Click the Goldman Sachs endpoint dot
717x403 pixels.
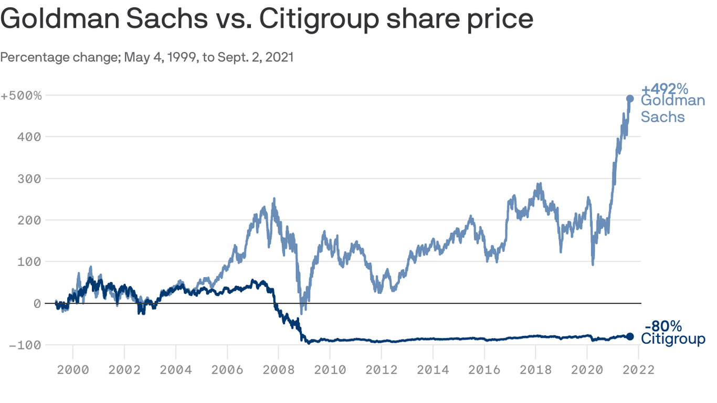[630, 99]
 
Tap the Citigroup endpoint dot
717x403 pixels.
[630, 336]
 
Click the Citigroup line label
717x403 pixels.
[673, 340]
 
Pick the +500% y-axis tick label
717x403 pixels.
[21, 96]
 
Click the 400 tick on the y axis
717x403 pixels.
[31, 137]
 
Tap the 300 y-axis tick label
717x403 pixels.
[31, 179]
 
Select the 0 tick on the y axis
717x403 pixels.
[37, 304]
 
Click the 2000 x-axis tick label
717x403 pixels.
[73, 370]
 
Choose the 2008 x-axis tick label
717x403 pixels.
[279, 370]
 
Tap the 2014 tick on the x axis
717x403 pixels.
[433, 370]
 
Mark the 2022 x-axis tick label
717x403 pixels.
[638, 370]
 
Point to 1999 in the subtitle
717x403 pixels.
[176, 57]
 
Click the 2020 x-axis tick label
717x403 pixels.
[587, 370]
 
